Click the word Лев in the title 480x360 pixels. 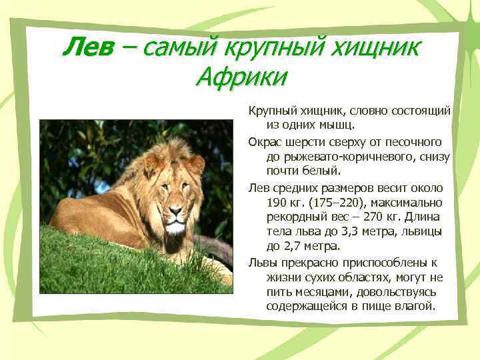click(87, 47)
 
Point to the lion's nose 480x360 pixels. click(175, 211)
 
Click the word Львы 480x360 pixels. click(262, 262)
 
